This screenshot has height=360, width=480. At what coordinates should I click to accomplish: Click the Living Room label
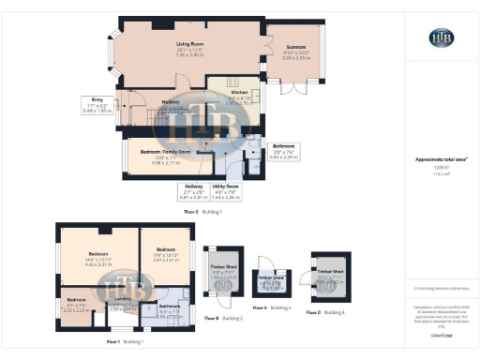[x=191, y=47]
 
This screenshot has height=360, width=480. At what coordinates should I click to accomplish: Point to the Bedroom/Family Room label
[x=165, y=154]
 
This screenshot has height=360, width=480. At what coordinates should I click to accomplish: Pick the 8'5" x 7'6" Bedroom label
[x=77, y=307]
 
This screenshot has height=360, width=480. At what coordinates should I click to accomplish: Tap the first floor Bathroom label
[x=170, y=309]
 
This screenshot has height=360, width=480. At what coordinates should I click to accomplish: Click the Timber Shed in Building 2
[x=224, y=276]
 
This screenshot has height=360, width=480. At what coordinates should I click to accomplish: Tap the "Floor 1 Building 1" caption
[x=125, y=343]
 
